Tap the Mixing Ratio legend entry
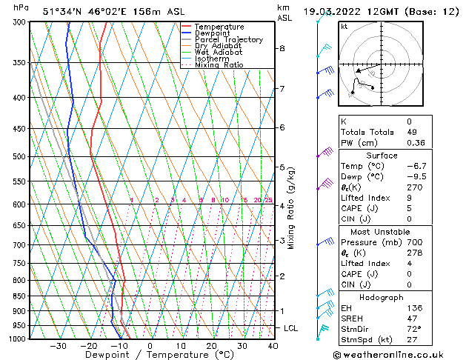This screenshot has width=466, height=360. tap(219, 65)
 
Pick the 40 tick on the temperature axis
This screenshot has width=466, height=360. tap(273, 346)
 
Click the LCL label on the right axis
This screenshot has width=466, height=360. tap(292, 328)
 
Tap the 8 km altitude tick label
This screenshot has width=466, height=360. tap(282, 48)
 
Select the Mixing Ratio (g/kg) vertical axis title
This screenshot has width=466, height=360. tap(291, 208)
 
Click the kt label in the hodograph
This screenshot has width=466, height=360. tap(344, 27)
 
